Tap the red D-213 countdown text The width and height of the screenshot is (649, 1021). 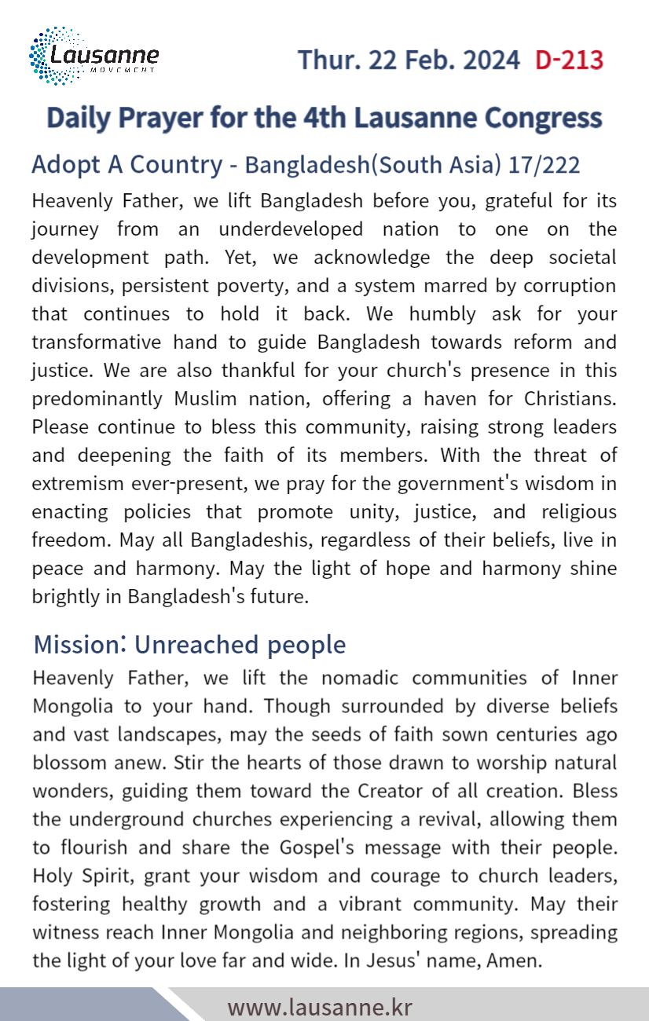pos(569,60)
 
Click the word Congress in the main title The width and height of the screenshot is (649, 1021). pos(543,118)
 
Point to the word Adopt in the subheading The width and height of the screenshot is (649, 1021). pos(59,165)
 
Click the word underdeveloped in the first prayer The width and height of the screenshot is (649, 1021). pos(291,229)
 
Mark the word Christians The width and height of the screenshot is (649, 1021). pos(562,399)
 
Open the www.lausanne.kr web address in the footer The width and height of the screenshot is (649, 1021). pos(320,1007)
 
